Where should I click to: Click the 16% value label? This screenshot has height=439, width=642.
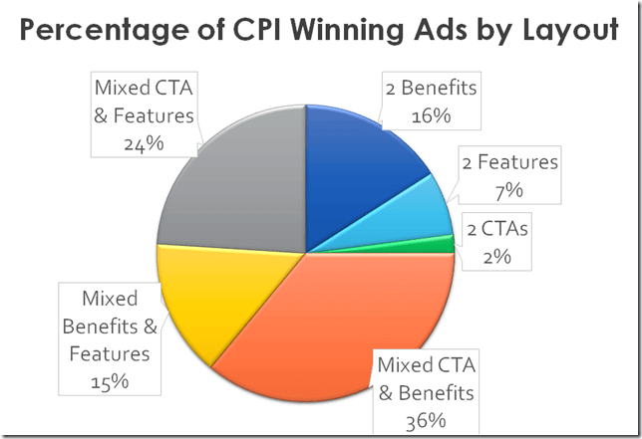pos(431,115)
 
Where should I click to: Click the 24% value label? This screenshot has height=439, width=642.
pos(145,143)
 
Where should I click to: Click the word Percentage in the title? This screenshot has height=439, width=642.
pos(103,30)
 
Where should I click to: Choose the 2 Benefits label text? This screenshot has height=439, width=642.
pos(432,88)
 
